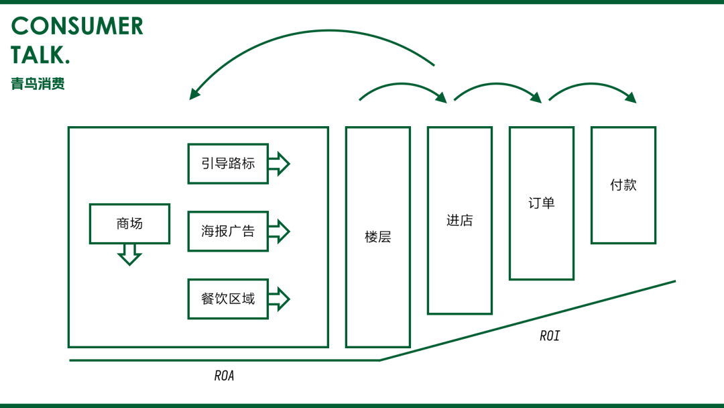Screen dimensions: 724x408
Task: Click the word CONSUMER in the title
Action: tap(77, 26)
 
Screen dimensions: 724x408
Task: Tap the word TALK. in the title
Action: tap(40, 55)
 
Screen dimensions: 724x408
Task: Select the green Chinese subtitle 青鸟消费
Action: tap(38, 84)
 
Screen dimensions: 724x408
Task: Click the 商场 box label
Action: tap(130, 223)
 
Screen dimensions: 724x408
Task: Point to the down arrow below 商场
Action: tap(130, 254)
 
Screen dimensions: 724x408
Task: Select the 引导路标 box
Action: tap(228, 164)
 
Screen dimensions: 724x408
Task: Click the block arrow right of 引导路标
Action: tap(279, 164)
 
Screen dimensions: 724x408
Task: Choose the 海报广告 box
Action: tap(228, 231)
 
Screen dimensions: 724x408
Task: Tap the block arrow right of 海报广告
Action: tap(279, 231)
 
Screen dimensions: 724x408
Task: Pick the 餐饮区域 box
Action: tap(228, 299)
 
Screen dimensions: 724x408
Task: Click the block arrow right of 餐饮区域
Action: tap(279, 299)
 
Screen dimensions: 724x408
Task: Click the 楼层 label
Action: tap(377, 237)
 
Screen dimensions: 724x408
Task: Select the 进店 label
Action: tap(460, 220)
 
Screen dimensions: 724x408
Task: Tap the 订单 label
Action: tap(542, 203)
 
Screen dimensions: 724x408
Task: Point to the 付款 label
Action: tap(623, 185)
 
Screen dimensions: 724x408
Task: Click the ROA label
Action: tap(225, 376)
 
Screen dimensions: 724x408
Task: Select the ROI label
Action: tap(550, 336)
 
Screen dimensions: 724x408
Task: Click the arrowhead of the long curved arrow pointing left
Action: tap(194, 93)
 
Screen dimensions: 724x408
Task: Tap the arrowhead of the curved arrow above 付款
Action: tap(631, 97)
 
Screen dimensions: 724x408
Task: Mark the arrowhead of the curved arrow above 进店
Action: tap(442, 97)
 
